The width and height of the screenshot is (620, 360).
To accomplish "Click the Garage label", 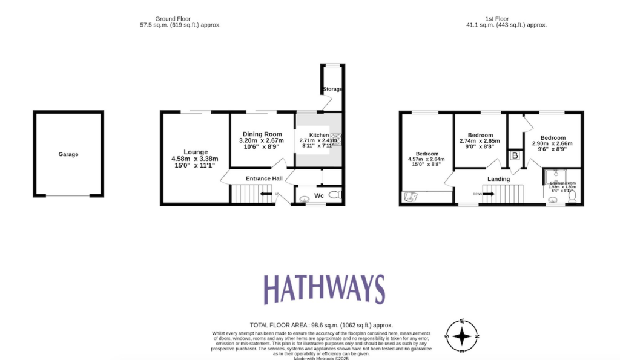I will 68,154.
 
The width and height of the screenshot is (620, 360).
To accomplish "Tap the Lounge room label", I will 196,152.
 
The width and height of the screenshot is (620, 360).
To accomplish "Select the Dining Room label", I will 263,134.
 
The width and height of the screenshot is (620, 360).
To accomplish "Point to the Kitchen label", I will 319,135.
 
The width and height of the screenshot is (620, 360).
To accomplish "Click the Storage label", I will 332,89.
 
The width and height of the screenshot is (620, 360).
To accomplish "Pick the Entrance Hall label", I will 264,178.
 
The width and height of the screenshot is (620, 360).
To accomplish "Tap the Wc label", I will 318,195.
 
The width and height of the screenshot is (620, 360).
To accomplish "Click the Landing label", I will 498,179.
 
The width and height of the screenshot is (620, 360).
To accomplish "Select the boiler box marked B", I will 515,155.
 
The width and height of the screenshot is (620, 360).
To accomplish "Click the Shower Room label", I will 562,183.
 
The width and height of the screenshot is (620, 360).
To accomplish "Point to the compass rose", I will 463,335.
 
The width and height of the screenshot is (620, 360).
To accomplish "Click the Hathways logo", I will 325,289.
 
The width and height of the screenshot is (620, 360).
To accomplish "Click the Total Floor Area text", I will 321,325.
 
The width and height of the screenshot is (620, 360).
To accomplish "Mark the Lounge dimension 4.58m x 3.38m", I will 195,159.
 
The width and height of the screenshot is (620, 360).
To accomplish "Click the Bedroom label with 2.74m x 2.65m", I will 481,135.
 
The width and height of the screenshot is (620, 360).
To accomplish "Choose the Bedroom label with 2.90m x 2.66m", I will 553,137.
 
